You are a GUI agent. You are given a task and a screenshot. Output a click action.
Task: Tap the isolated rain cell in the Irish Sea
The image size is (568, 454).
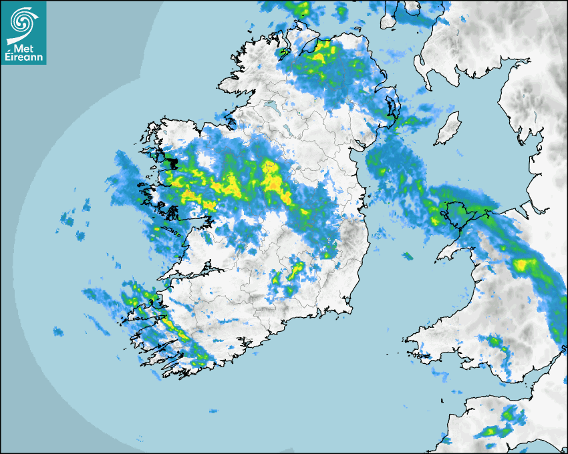406,256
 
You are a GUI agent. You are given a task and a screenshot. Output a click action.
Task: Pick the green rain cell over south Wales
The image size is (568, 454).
495,342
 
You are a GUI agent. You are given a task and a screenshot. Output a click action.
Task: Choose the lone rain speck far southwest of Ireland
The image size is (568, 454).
58,331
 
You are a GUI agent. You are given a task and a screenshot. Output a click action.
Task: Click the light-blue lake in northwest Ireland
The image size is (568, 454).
271,105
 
